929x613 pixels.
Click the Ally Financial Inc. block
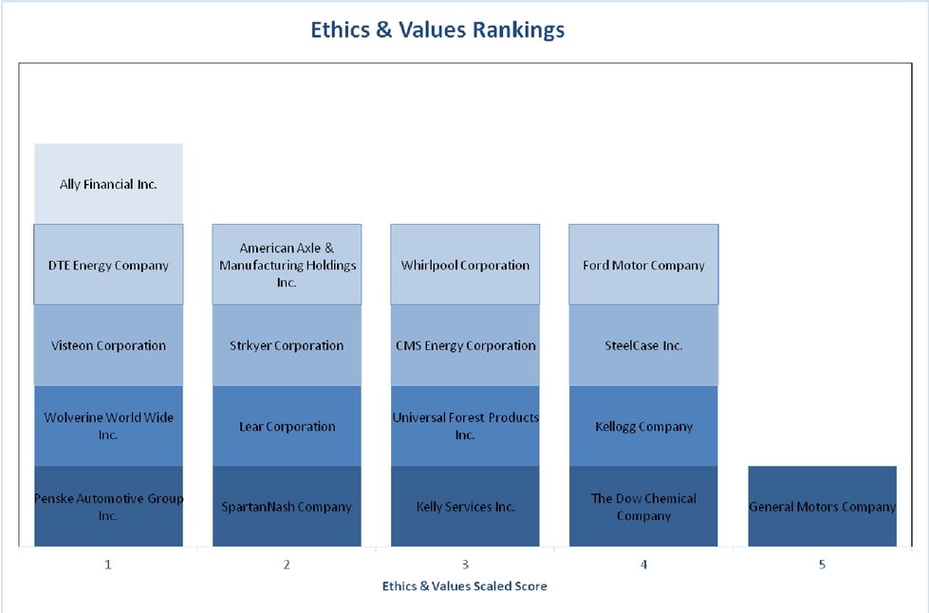pos(108,184)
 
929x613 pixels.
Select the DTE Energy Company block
pos(108,265)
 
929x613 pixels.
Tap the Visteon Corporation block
pos(108,345)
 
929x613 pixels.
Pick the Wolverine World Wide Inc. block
pos(108,426)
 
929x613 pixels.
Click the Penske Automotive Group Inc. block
pos(108,507)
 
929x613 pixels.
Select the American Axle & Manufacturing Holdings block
pos(287,265)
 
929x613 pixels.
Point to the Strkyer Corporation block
pos(287,345)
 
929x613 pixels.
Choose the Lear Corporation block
pos(287,426)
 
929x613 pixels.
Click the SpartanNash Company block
pos(287,507)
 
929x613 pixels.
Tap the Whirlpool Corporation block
pos(465,265)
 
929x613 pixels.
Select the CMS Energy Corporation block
pos(465,345)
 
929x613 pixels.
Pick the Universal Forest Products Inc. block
pos(465,426)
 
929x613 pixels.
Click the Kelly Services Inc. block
pos(465,507)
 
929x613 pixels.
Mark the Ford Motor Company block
pos(643,265)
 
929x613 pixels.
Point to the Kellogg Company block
pos(643,426)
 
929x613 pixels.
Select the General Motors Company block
pos(822,507)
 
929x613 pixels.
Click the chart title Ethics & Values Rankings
pos(437,30)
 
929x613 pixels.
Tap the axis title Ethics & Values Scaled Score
pos(464,586)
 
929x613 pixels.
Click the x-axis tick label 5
pos(822,565)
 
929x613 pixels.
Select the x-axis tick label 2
pos(287,565)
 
